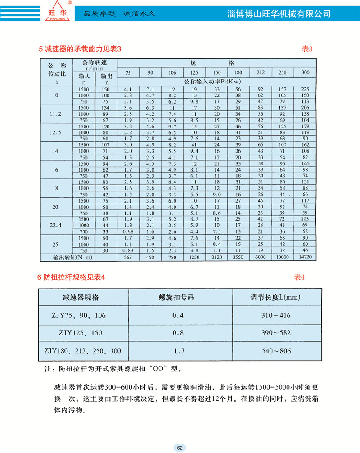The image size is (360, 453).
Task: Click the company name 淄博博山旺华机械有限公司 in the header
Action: [279, 14]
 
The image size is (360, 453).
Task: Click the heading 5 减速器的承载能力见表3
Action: [81, 49]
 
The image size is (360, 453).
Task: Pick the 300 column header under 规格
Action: [305, 73]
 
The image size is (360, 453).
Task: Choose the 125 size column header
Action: [194, 73]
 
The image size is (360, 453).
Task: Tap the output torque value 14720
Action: [305, 257]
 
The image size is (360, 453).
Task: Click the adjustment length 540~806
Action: [273, 350]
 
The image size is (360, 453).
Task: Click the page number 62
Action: [180, 448]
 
